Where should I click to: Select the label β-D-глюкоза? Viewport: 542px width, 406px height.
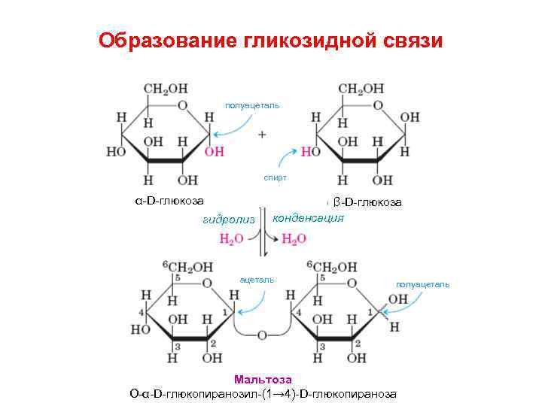coord(367,202)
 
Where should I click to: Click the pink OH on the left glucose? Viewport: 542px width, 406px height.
coord(215,152)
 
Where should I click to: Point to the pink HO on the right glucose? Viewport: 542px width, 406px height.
coord(311,152)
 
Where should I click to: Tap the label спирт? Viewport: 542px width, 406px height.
coord(274,179)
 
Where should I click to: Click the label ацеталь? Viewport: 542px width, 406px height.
coord(257,279)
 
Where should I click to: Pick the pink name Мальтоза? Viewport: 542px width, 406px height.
coord(263,380)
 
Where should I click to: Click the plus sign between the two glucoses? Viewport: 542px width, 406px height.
coord(262,135)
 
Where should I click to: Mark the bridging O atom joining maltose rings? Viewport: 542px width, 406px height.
coord(262,334)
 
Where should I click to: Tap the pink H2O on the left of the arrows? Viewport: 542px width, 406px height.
coord(231,239)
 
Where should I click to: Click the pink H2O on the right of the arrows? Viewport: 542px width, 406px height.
coord(294,239)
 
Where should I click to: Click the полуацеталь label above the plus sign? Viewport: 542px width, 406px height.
coord(252,105)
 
